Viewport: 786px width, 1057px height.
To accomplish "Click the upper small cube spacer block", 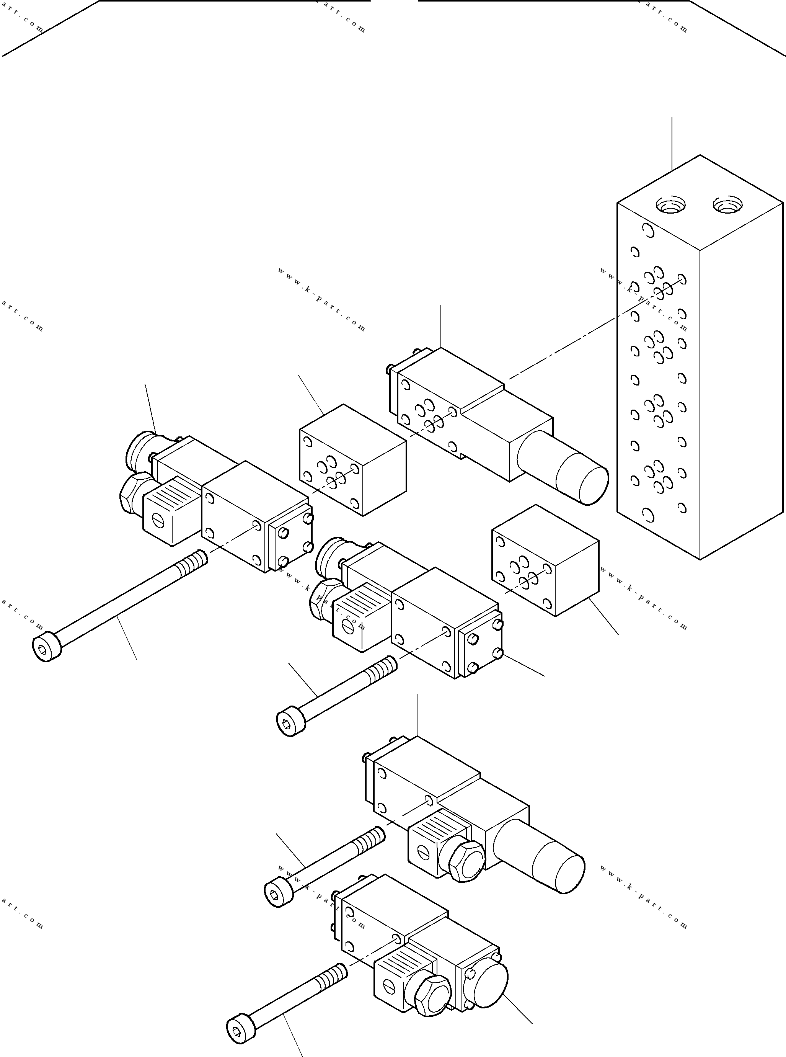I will (x=352, y=460).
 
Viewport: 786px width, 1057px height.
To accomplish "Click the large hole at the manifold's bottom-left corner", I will (x=647, y=515).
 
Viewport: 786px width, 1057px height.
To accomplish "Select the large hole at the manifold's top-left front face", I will (x=647, y=231).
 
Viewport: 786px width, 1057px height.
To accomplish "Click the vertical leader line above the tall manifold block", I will (x=672, y=143).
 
